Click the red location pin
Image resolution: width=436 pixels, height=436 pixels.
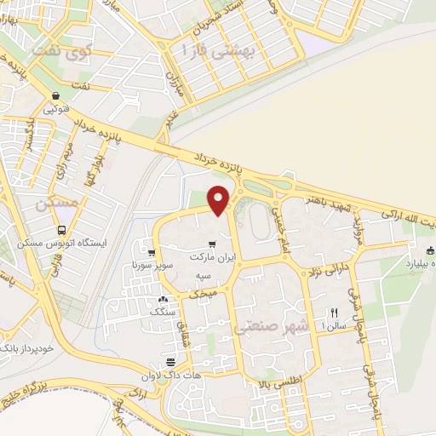(219, 199)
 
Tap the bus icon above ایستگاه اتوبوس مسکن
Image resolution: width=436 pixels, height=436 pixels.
(61, 230)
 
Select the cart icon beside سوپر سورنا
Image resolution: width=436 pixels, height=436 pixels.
(152, 253)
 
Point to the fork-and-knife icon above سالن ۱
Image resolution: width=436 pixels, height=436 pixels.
(334, 313)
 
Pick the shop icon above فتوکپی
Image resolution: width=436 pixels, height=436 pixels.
(55, 96)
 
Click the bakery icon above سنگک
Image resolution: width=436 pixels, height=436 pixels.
(163, 300)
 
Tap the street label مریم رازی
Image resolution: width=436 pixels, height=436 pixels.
(66, 152)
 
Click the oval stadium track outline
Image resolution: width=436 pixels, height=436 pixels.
(256, 221)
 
